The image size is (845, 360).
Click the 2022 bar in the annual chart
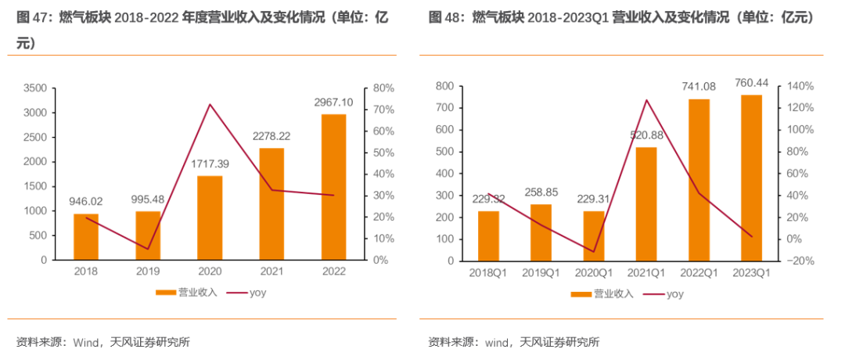[x=333, y=186]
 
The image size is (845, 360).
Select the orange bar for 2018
[x=86, y=236]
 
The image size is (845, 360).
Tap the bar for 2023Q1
[x=751, y=177]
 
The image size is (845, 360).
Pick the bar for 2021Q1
[x=645, y=203]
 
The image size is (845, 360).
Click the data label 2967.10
[x=333, y=102]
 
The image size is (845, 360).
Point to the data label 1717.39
[x=210, y=164]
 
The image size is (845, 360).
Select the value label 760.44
[x=751, y=83]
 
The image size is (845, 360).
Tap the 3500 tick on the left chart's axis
[x=36, y=89]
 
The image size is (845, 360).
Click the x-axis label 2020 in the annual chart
[x=210, y=271]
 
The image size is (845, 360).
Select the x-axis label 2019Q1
[x=541, y=272]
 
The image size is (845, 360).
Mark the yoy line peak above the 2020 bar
[x=210, y=104]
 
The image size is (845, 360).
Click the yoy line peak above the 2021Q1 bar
[x=646, y=100]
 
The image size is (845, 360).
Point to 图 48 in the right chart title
[x=444, y=17]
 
